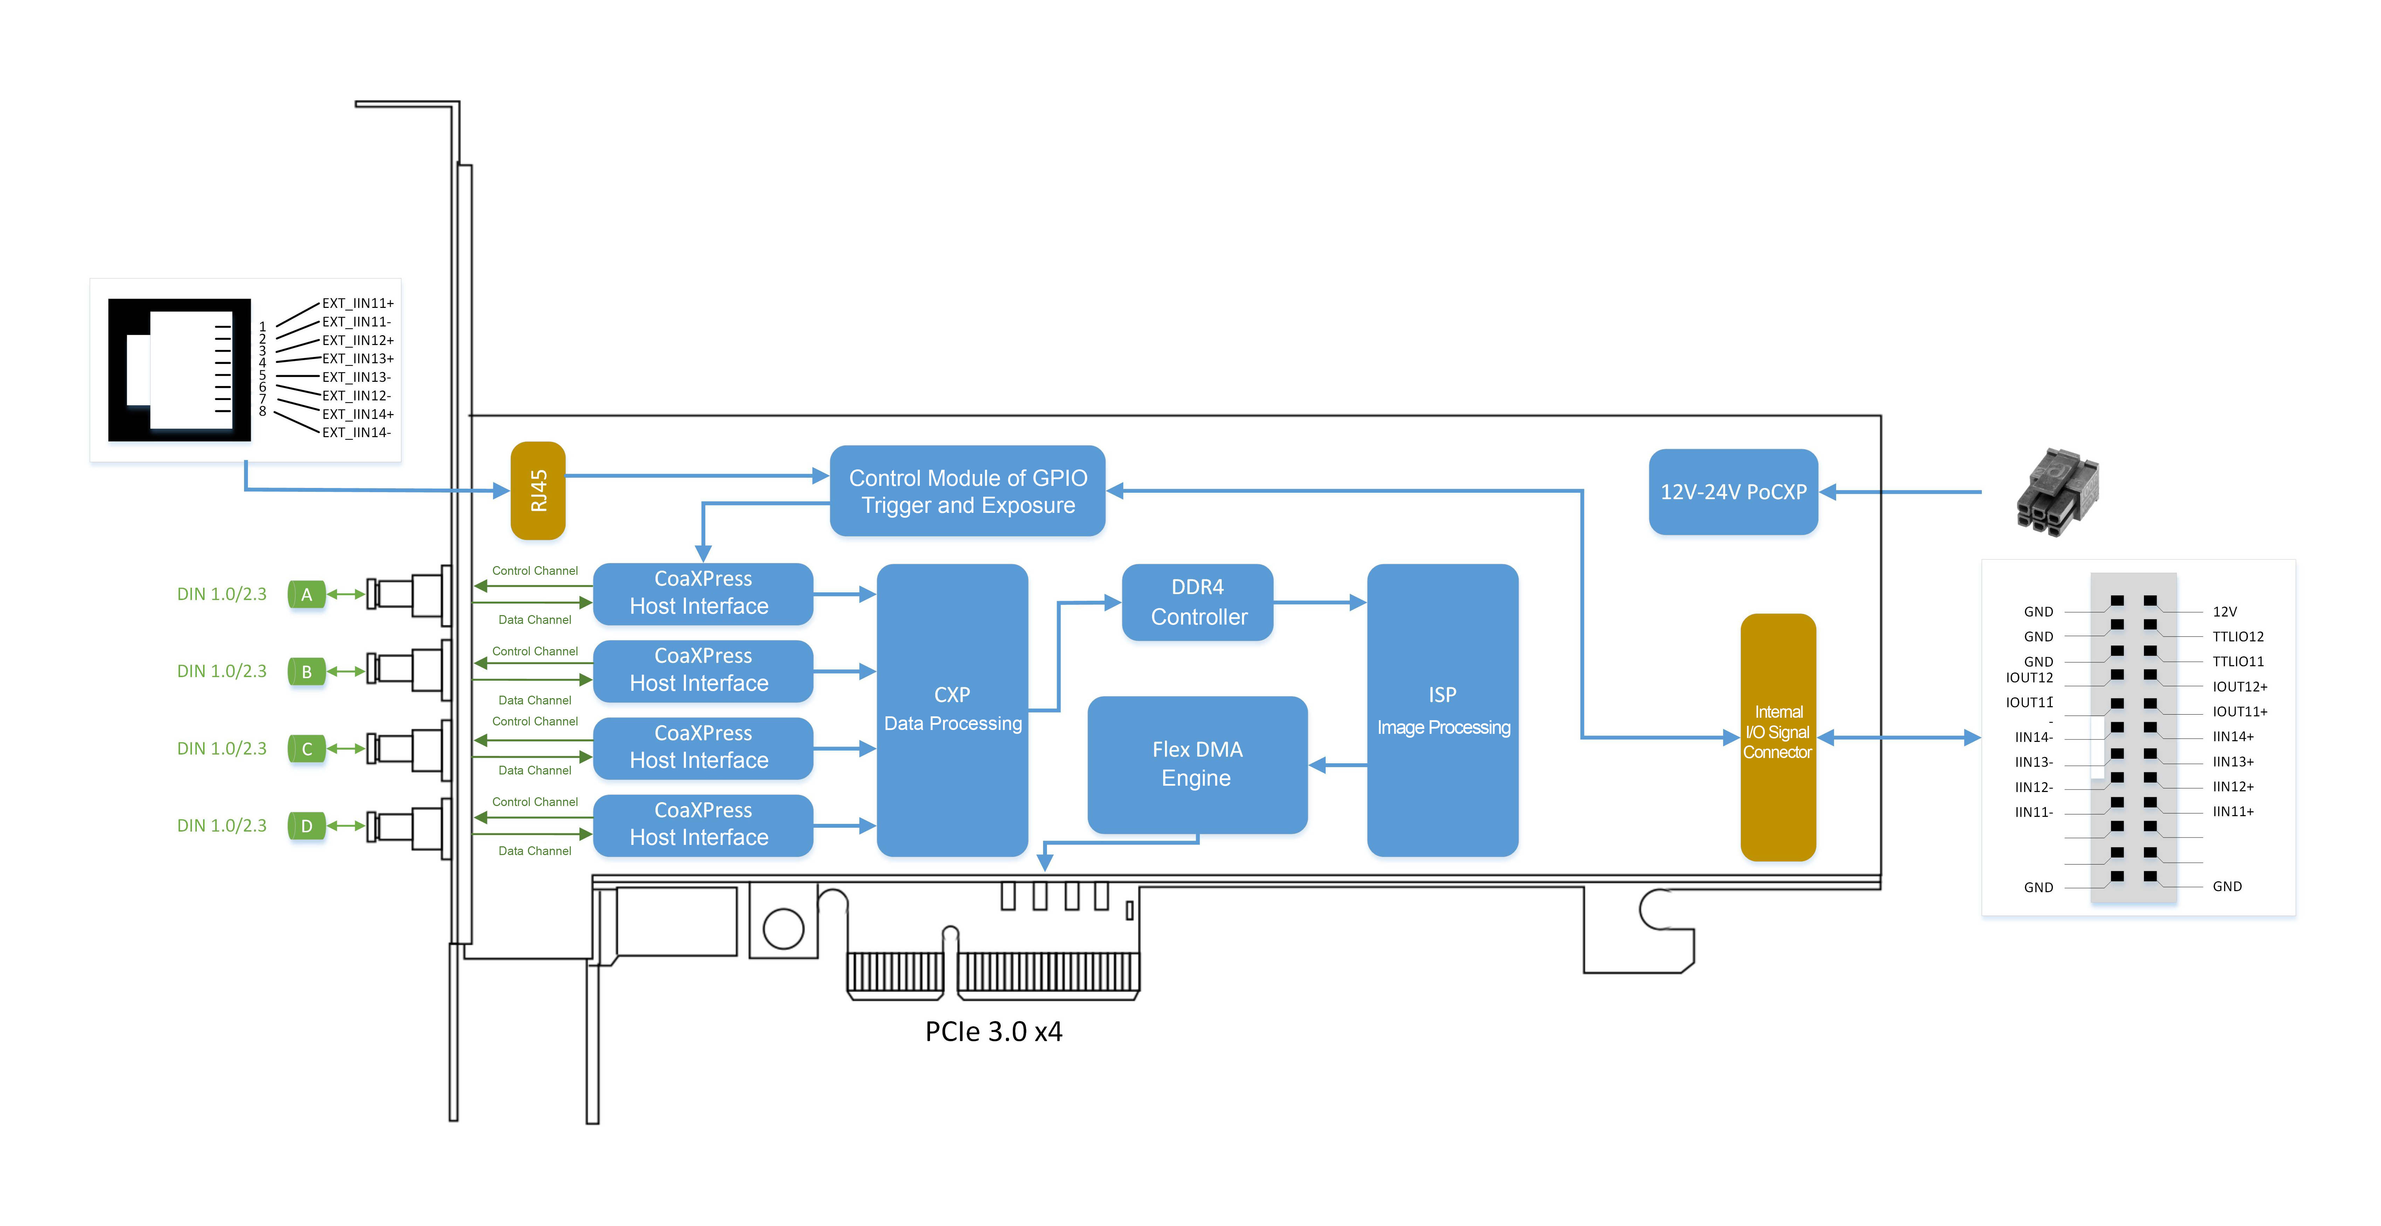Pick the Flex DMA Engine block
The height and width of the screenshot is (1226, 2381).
(1197, 764)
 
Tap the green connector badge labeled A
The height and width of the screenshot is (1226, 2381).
(307, 594)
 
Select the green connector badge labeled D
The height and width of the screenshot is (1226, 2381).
(307, 826)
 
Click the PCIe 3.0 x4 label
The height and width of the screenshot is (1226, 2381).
(994, 1031)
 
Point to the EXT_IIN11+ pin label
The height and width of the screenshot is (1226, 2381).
(358, 303)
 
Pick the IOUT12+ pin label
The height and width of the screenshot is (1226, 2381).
(2238, 687)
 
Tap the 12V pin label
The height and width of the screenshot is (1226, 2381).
(2224, 612)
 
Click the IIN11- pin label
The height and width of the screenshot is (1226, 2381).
(2033, 813)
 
